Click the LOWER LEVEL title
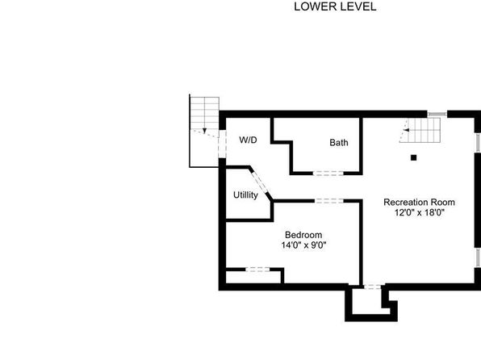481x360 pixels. click(335, 6)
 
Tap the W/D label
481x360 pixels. click(248, 140)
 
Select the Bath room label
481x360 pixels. click(339, 142)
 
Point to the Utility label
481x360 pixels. click(245, 195)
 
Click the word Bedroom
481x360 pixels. click(303, 235)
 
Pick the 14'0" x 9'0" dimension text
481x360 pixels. click(303, 245)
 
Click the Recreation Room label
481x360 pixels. click(419, 203)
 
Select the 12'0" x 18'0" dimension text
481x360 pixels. click(419, 212)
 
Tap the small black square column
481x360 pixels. click(413, 157)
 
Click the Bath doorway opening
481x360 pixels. click(328, 173)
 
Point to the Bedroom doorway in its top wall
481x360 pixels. click(329, 201)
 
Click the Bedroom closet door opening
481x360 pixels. click(257, 270)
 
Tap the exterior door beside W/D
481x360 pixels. click(222, 144)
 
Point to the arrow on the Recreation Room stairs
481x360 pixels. click(406, 130)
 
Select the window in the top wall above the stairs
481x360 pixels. click(437, 114)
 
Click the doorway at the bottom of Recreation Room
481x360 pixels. click(372, 287)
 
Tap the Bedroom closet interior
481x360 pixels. click(253, 278)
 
